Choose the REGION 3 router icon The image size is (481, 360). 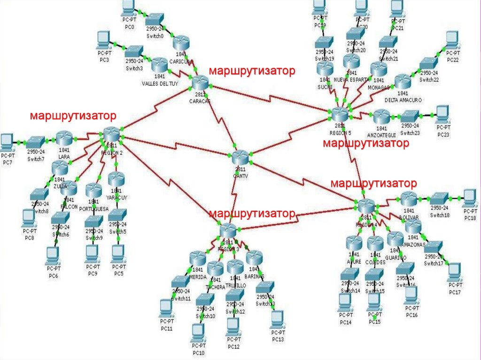tap(228, 230)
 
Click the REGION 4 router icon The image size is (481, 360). tap(365, 206)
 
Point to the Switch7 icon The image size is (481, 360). tap(36, 142)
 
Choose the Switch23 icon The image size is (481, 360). tap(411, 115)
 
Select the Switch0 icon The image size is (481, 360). tap(154, 20)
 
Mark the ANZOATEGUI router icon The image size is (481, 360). tap(381, 116)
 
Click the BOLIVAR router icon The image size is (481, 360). tap(408, 199)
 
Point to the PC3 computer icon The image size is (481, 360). tap(103, 39)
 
